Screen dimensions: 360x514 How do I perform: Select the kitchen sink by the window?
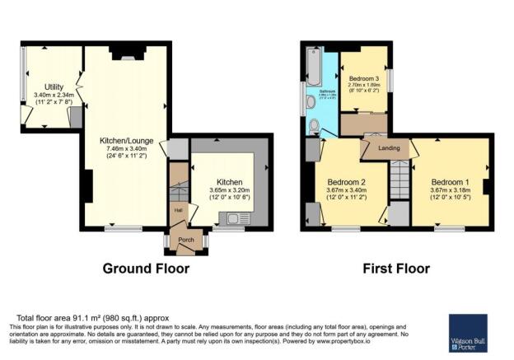click(231, 218)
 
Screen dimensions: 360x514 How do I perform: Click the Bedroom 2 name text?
click(346, 182)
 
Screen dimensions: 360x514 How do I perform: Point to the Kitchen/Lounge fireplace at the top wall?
click(124, 56)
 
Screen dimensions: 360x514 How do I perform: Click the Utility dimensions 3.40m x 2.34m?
click(54, 96)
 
